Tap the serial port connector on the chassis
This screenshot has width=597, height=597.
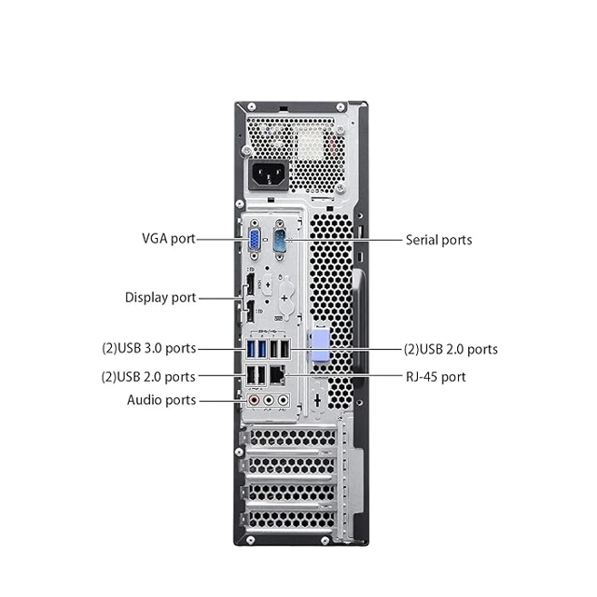coord(279,242)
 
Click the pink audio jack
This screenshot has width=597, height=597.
coord(254,400)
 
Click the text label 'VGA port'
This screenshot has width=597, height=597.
coord(169,238)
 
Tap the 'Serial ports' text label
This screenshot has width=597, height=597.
coord(438,240)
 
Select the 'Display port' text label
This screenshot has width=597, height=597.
coord(160,298)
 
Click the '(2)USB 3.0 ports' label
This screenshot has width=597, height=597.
coord(149,349)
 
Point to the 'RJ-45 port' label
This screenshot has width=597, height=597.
coord(434,377)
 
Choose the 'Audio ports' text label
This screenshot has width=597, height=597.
coord(161,400)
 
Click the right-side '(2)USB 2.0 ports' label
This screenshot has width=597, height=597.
coord(451,349)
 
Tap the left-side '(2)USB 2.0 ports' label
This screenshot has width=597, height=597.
coord(149,377)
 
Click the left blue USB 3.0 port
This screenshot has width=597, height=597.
coord(252,351)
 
